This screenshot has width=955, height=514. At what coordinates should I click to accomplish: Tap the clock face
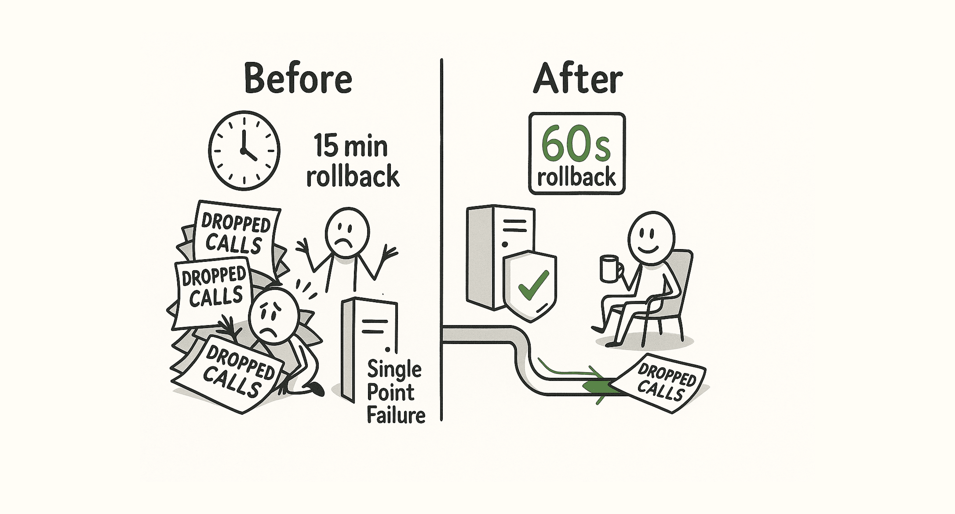click(244, 150)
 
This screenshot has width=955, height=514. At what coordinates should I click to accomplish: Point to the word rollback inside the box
click(576, 177)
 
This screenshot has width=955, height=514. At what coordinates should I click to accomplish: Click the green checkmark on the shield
click(533, 285)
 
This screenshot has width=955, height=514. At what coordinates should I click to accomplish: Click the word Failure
click(396, 415)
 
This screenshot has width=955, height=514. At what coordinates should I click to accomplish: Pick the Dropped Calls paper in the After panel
click(664, 382)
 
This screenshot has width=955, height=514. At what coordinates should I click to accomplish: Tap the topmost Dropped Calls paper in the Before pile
click(237, 233)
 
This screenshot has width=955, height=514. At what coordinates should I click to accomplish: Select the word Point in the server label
click(390, 392)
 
